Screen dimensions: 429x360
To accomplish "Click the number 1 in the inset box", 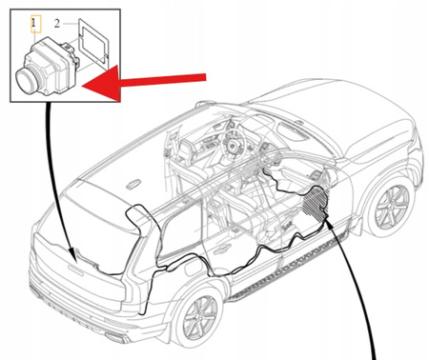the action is click(34, 23).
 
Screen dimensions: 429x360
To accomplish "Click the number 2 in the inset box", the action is click(57, 24).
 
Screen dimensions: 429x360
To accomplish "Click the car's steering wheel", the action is click(235, 145).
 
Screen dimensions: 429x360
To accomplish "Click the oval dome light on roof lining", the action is click(133, 184).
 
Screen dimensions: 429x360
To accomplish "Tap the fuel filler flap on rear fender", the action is click(192, 269).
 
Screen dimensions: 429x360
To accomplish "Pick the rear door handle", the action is click(222, 249).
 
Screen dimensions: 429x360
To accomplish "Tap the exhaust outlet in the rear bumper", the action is click(113, 336).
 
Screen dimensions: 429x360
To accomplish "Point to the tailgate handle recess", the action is click(75, 270).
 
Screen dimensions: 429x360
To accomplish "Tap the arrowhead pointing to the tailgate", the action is click(73, 256).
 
